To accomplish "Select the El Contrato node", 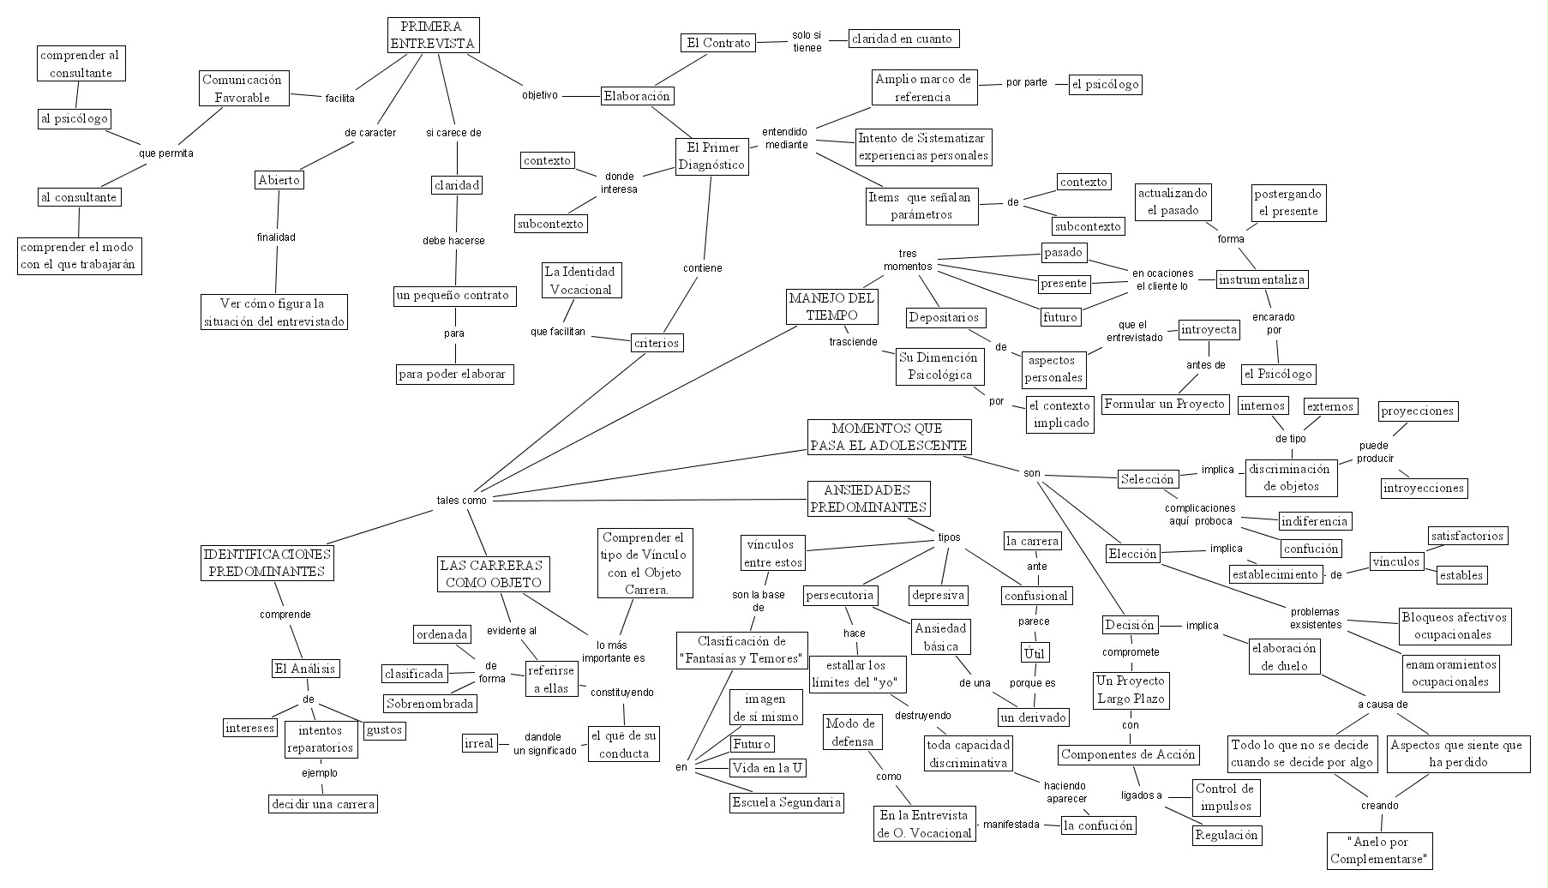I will tap(717, 43).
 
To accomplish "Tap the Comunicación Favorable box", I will tap(242, 88).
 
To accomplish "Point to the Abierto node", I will tap(279, 180).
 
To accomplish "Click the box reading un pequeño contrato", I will tap(452, 296).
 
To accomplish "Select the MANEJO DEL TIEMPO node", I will tap(832, 306).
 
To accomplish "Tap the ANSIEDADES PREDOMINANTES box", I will tap(868, 499).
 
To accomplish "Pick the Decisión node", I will tap(1130, 625).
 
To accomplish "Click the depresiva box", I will tap(939, 595).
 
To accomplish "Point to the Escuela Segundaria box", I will tap(786, 802).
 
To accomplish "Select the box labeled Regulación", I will tap(1227, 835).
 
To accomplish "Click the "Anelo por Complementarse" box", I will tap(1380, 849).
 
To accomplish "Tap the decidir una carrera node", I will tap(322, 804).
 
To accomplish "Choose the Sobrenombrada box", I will tap(430, 704).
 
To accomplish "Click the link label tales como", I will tap(461, 501).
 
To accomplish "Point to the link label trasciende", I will tap(853, 342).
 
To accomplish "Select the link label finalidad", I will tap(276, 237).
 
